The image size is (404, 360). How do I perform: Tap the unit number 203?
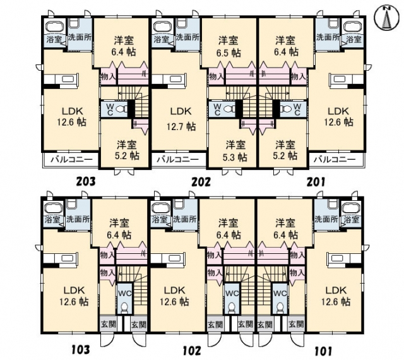click(x=86, y=181)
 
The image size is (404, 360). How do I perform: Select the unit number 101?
click(x=323, y=351)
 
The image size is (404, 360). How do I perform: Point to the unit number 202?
click(x=201, y=182)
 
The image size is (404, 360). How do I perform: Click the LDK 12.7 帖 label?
click(x=181, y=119)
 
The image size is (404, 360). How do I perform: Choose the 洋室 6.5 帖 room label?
click(x=229, y=47)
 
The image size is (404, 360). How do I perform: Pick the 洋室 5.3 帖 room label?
click(x=235, y=151)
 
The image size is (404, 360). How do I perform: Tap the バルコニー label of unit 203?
click(x=71, y=159)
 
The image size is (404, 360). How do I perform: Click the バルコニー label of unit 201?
click(x=335, y=159)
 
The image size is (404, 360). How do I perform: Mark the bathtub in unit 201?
click(x=353, y=27)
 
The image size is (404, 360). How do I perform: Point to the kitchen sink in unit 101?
click(x=339, y=258)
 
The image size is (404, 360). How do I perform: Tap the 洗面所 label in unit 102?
click(x=185, y=219)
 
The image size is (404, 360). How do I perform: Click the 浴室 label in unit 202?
click(x=162, y=39)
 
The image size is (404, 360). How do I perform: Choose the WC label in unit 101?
click(x=280, y=294)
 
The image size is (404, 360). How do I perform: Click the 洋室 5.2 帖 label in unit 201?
click(x=285, y=150)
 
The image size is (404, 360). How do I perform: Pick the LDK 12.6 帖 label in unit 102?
click(x=174, y=296)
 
